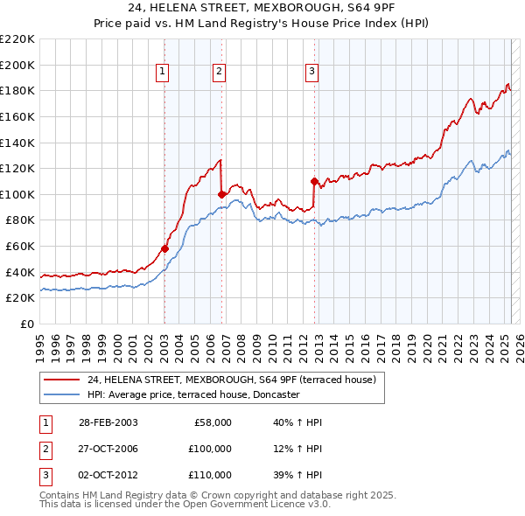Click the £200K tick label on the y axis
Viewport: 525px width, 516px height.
pyautogui.click(x=17, y=65)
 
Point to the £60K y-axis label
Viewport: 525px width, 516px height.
pyautogui.click(x=20, y=247)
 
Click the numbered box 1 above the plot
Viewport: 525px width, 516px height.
pyautogui.click(x=164, y=73)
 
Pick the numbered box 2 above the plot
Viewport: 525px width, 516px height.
pyautogui.click(x=219, y=73)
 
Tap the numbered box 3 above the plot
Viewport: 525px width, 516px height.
pyautogui.click(x=311, y=73)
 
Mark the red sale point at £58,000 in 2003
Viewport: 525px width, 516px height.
pyautogui.click(x=164, y=249)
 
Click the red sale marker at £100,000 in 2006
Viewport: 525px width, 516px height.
pyautogui.click(x=221, y=194)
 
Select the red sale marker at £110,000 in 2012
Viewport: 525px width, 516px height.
pyautogui.click(x=313, y=181)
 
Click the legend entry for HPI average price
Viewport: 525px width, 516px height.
pyautogui.click(x=193, y=394)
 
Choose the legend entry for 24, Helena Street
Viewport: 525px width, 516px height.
pyautogui.click(x=231, y=380)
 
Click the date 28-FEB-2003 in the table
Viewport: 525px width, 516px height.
pyautogui.click(x=107, y=423)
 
